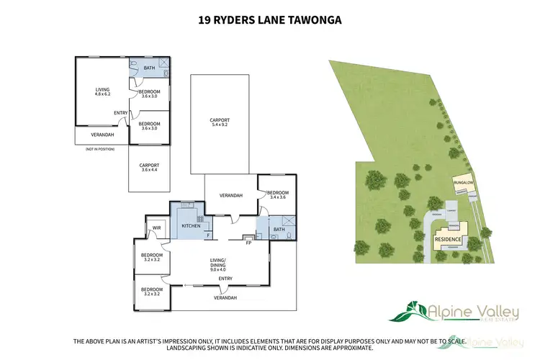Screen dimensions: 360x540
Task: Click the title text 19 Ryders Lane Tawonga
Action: tap(270, 21)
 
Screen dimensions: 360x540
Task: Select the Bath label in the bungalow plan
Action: tap(150, 68)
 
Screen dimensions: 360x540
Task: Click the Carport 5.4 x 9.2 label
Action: tap(220, 122)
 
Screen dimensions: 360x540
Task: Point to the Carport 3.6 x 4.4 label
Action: tap(149, 167)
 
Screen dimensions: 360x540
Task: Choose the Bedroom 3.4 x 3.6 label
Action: tap(277, 194)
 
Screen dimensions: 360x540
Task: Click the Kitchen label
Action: tap(191, 226)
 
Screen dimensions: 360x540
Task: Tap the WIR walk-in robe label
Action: tap(156, 229)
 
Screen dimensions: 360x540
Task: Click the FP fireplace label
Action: tap(248, 243)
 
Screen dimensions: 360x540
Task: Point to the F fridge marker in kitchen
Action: tap(208, 235)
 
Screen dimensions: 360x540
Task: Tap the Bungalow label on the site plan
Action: tap(462, 184)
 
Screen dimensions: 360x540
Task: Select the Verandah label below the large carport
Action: tap(230, 195)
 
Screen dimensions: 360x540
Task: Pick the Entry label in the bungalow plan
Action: tap(121, 112)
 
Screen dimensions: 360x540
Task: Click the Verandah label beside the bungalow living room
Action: tap(102, 135)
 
